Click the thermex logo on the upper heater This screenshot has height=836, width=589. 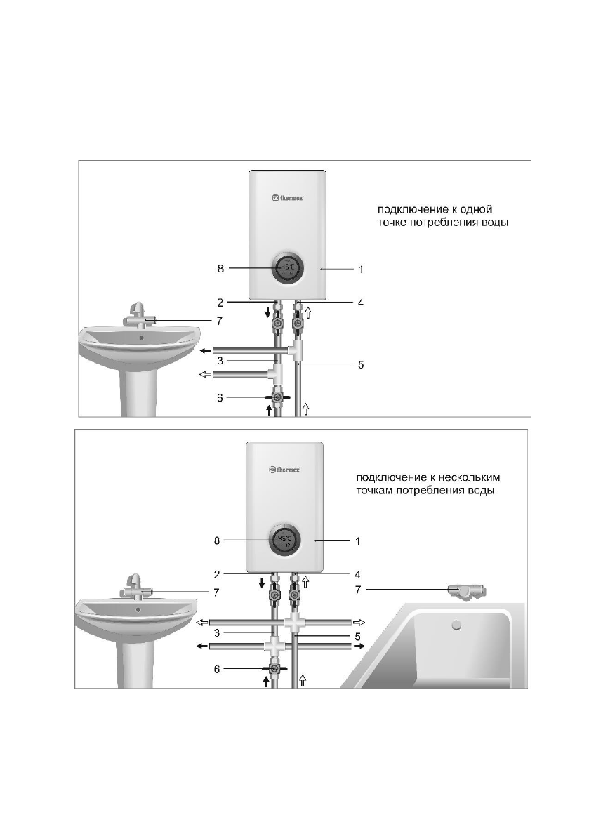tap(287, 198)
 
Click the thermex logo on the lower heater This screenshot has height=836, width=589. tap(284, 469)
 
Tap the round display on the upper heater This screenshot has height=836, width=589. tap(288, 269)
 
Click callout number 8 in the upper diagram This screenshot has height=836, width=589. tap(220, 269)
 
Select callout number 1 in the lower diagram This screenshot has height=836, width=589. tap(357, 540)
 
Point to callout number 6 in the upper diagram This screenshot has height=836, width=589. tap(220, 398)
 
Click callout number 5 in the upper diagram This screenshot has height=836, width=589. tap(361, 365)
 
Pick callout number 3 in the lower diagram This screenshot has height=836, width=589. tap(217, 633)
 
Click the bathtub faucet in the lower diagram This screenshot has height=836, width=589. tap(468, 591)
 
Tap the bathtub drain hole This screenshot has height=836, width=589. tap(456, 625)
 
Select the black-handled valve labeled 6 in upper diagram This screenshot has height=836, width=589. tap(277, 398)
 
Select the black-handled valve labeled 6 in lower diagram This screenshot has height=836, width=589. tap(274, 668)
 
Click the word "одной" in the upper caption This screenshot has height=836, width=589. tap(475, 210)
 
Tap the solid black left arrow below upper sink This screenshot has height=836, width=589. tap(205, 350)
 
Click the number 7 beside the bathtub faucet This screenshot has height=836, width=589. tap(357, 590)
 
